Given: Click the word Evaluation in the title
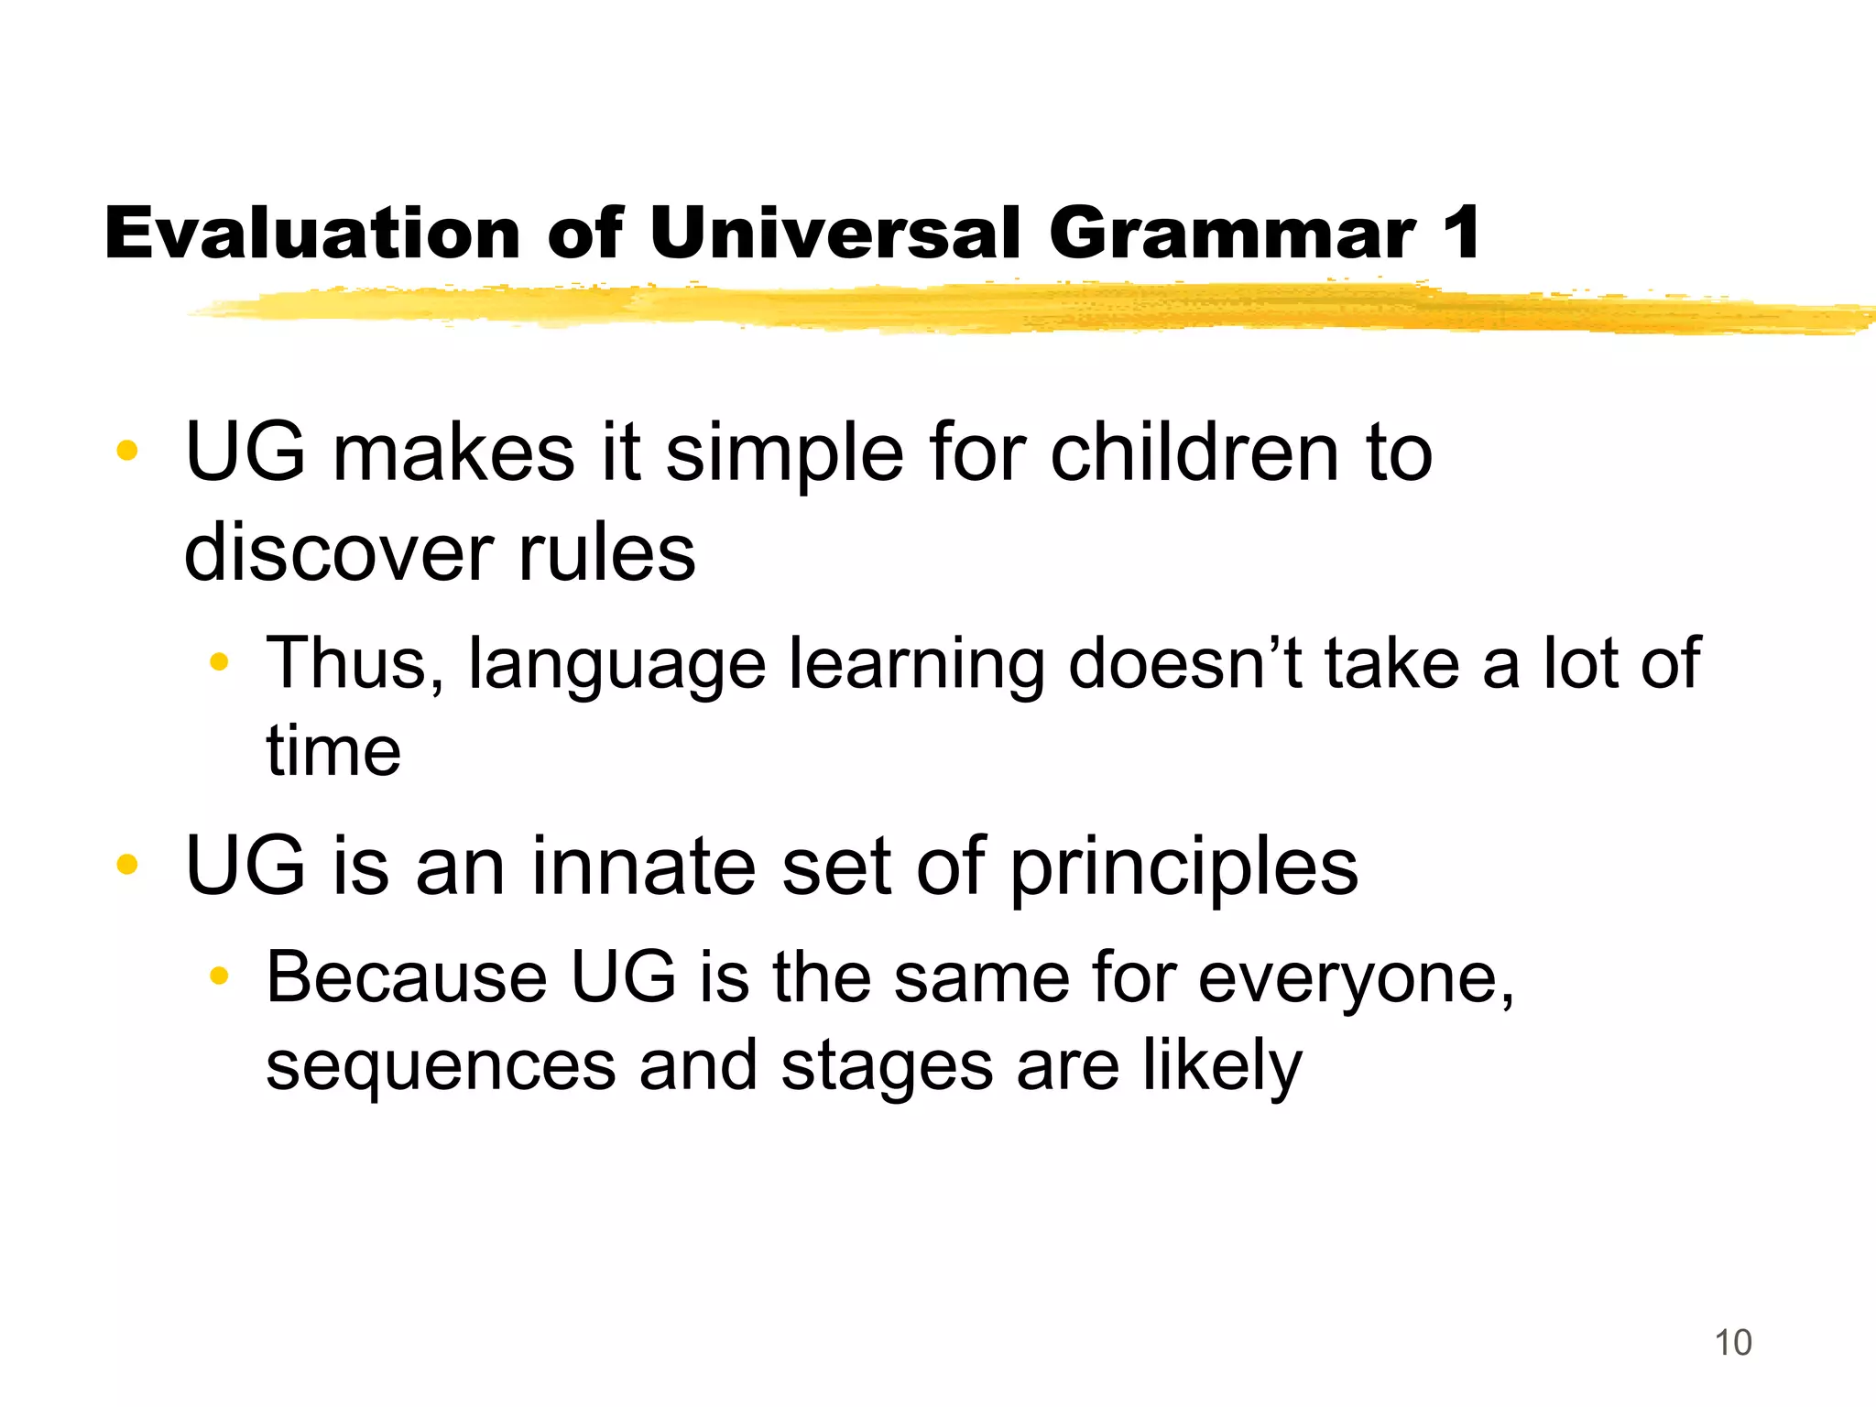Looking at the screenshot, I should click(x=311, y=233).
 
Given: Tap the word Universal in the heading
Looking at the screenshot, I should click(x=834, y=233).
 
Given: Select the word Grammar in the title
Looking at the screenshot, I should click(x=1232, y=233).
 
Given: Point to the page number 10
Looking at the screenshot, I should click(x=1732, y=1343).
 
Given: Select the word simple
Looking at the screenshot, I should click(x=784, y=454).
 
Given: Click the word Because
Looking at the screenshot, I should click(x=407, y=978).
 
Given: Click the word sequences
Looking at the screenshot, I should click(x=441, y=1066).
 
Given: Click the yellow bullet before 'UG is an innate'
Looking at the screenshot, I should click(x=127, y=864).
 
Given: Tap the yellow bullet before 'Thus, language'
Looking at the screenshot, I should click(x=218, y=661).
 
